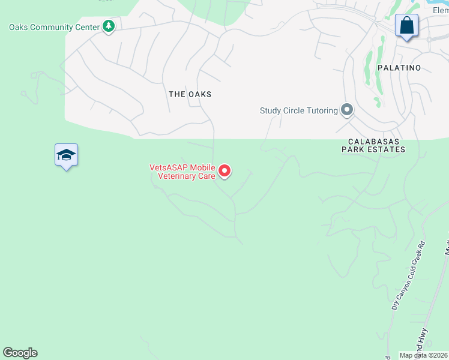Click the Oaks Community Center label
[54, 26]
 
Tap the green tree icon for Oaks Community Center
[109, 26]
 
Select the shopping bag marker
[406, 26]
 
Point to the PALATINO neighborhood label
[399, 68]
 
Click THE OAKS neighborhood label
[190, 94]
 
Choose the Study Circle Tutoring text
[298, 110]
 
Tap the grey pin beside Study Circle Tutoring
[346, 110]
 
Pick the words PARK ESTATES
[373, 149]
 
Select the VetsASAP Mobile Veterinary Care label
[182, 172]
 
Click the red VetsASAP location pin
[224, 172]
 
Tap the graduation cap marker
[66, 156]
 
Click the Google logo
[20, 353]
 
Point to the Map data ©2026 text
[424, 355]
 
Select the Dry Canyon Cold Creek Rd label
[408, 275]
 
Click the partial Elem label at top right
[440, 10]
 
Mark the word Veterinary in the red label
[177, 176]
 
